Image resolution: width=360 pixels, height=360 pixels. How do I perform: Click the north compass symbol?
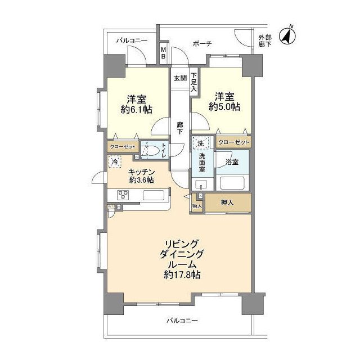point(287,35)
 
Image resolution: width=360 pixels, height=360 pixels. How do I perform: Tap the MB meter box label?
point(163,53)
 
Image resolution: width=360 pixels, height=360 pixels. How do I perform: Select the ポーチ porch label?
point(202,43)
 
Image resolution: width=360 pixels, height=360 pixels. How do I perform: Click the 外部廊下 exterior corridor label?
point(265,41)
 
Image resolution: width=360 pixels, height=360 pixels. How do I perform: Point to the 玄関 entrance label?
point(180,78)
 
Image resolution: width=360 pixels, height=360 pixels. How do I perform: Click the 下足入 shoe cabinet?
point(194,82)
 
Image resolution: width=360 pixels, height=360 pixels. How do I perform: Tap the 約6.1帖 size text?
point(136,110)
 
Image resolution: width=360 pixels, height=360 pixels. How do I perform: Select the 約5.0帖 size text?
point(224,107)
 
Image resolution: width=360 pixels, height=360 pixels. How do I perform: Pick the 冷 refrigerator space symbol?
point(114,162)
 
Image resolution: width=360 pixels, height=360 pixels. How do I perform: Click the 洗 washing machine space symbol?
point(201,143)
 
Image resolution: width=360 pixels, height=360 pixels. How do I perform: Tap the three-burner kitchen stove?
point(123,195)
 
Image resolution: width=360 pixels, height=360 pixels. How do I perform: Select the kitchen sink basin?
point(154,195)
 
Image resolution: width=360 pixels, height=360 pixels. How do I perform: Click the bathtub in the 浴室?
point(232,183)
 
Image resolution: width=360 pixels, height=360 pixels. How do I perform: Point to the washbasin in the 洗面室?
point(201,184)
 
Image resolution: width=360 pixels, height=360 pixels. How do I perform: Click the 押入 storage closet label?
point(227,202)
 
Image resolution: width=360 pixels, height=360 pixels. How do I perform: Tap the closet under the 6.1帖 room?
point(123,146)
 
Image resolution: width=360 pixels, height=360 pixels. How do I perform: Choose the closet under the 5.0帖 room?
point(233,142)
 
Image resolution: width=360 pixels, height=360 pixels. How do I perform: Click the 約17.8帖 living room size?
point(182,274)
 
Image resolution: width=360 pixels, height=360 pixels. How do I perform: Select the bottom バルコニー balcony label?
point(182,321)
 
